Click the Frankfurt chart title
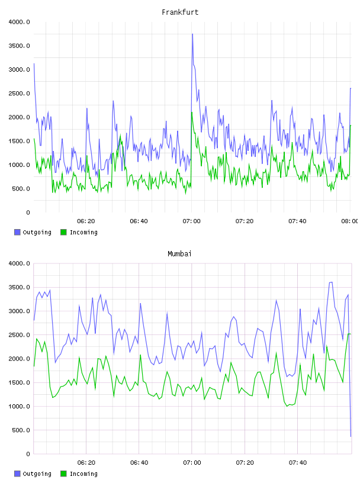coord(180,12)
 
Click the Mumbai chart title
coord(179,253)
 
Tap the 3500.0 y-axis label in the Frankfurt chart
coord(20,46)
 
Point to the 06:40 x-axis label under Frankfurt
coord(139,221)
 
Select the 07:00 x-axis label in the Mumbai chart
coord(192,462)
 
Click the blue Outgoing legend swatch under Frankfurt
coord(17,232)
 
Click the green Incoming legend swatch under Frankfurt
coord(63,232)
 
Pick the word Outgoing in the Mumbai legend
coord(37,474)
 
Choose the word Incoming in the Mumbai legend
coord(83,474)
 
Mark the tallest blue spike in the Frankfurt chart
coord(192,34)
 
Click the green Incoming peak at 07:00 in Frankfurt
coord(192,112)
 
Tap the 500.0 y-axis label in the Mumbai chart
coord(21,430)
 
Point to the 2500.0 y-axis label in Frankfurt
coord(20,94)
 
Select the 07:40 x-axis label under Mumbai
coord(298,462)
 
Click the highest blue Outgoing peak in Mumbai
coord(331,282)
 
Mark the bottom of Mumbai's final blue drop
coord(351,436)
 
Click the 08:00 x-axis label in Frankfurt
coord(349,221)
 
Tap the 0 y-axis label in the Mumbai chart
coord(28,454)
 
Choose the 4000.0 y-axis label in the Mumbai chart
coord(20,263)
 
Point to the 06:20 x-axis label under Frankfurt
coord(86,221)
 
